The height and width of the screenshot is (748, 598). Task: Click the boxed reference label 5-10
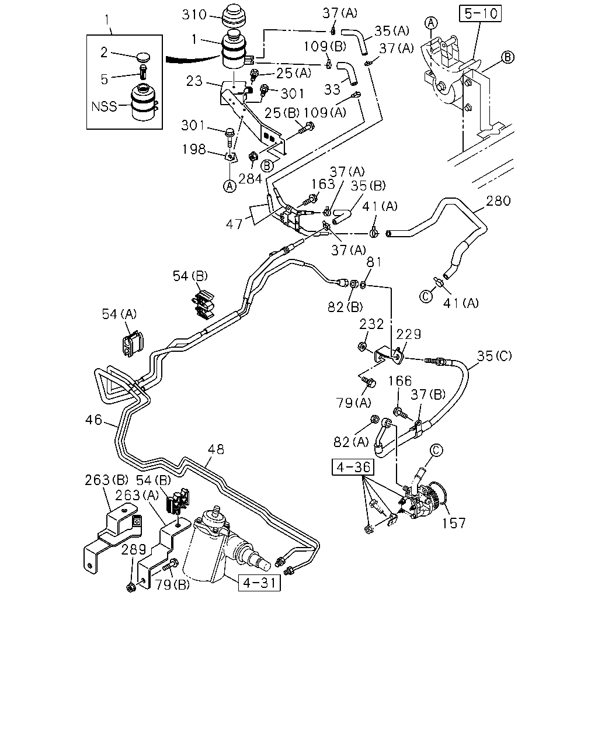(480, 13)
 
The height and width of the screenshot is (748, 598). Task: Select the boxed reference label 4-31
(259, 582)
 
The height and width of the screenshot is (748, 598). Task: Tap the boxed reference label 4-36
(353, 467)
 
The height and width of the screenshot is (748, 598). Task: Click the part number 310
(194, 15)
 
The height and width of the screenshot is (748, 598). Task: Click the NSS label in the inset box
(104, 106)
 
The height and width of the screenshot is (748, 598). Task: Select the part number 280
(498, 200)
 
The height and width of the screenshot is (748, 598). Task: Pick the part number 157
(453, 523)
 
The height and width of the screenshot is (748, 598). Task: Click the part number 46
(93, 420)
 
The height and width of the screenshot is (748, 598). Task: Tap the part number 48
(215, 449)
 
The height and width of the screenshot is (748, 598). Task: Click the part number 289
(133, 549)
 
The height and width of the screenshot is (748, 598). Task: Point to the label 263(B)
(106, 480)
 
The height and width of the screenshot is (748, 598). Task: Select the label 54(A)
(119, 314)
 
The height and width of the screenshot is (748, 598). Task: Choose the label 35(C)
(494, 356)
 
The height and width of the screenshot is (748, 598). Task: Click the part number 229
(409, 334)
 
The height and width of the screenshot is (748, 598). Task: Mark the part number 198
(194, 150)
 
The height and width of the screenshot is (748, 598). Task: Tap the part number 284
(250, 179)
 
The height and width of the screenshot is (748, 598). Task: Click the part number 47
(234, 224)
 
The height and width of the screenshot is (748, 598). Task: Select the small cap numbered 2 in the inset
(143, 57)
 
